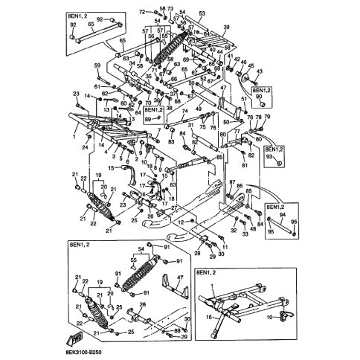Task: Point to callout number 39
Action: [227, 27]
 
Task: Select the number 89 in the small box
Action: [148, 119]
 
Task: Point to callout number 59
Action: [97, 67]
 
